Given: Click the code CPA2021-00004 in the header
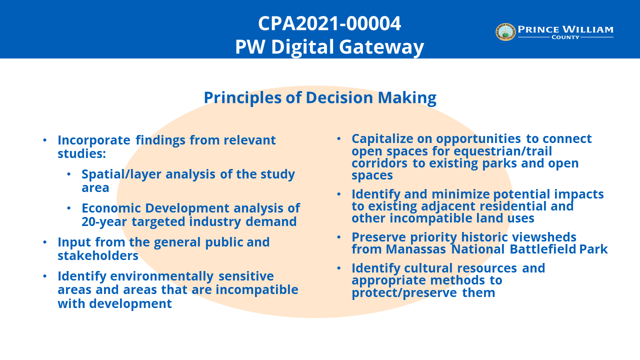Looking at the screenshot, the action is [329, 23].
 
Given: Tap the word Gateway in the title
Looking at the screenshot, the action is [381, 47].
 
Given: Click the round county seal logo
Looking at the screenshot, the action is [505, 32].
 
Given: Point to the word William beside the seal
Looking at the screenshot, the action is [588, 29].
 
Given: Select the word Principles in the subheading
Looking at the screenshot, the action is [243, 98].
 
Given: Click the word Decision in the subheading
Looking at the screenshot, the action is [339, 97].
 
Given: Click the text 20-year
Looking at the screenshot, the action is [104, 222].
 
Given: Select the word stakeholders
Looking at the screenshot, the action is [98, 255].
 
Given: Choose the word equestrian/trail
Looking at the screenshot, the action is [503, 151].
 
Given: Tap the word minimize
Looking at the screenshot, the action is [461, 194].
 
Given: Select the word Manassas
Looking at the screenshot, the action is [415, 249].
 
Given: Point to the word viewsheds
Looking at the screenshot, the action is [544, 237].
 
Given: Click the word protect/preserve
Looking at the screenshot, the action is [404, 293].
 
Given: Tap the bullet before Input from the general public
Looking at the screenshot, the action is [45, 242].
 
